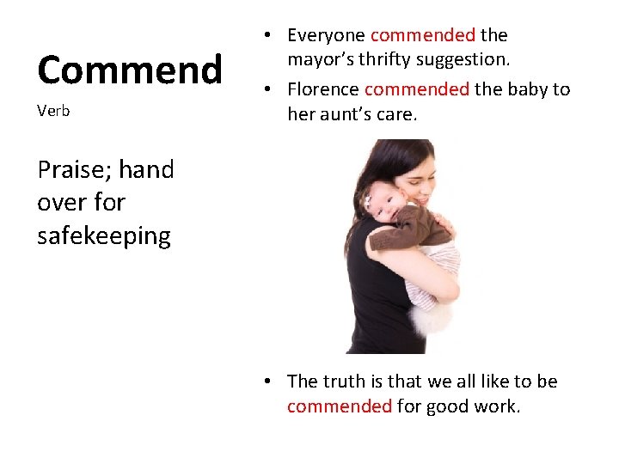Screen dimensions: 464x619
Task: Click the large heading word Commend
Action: point(129,70)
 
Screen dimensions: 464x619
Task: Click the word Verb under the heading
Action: point(53,112)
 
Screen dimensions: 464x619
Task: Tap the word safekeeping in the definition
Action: point(103,235)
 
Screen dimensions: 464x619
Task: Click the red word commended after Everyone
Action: point(422,35)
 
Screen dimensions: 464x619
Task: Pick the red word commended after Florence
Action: point(417,89)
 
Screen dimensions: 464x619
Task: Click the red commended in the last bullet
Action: point(340,406)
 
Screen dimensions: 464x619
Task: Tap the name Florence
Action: point(323,89)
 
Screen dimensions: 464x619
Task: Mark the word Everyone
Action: point(326,35)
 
